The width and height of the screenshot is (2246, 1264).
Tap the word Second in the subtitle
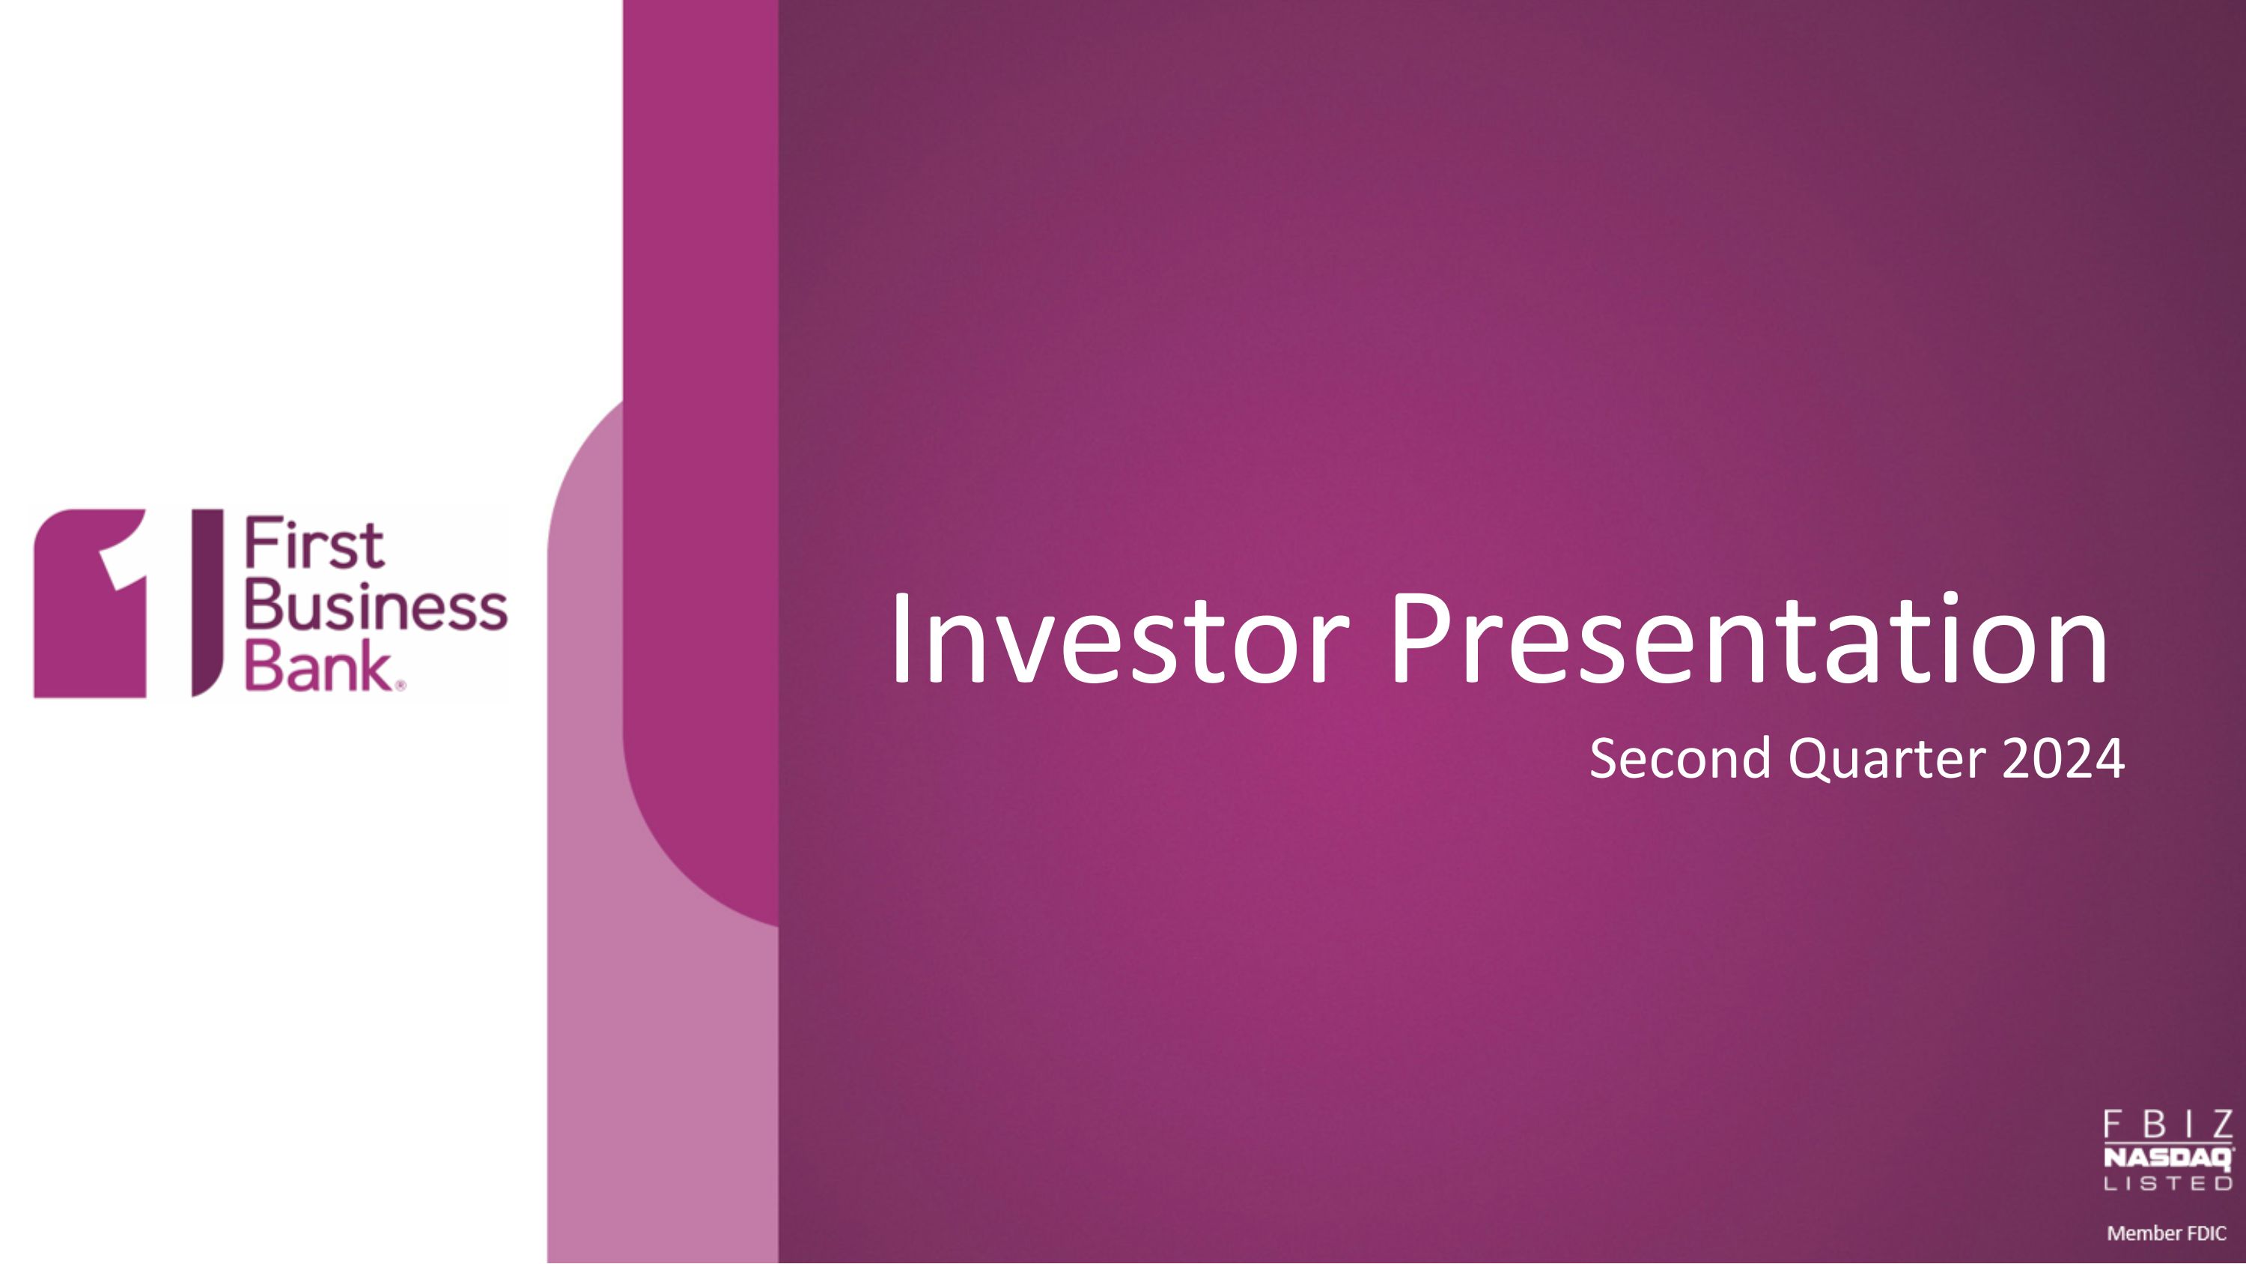pyautogui.click(x=1679, y=758)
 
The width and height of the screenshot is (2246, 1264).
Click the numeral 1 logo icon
pyautogui.click(x=90, y=602)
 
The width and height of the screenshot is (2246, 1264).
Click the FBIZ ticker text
pyautogui.click(x=2168, y=1125)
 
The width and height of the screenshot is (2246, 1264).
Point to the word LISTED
pyautogui.click(x=2168, y=1184)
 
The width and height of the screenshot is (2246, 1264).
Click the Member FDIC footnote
pyautogui.click(x=2167, y=1233)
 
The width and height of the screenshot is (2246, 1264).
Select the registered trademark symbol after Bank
pyautogui.click(x=401, y=686)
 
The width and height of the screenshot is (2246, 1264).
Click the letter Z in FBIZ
pyautogui.click(x=2220, y=1125)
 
